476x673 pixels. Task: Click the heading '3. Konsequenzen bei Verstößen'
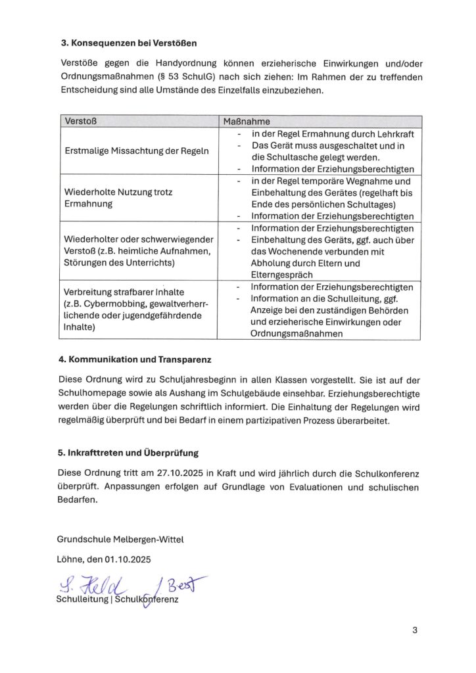(128, 43)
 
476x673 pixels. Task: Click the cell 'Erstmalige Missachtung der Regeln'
(137, 151)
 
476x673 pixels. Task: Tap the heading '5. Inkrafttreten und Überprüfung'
(128, 453)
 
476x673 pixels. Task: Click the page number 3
(415, 630)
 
